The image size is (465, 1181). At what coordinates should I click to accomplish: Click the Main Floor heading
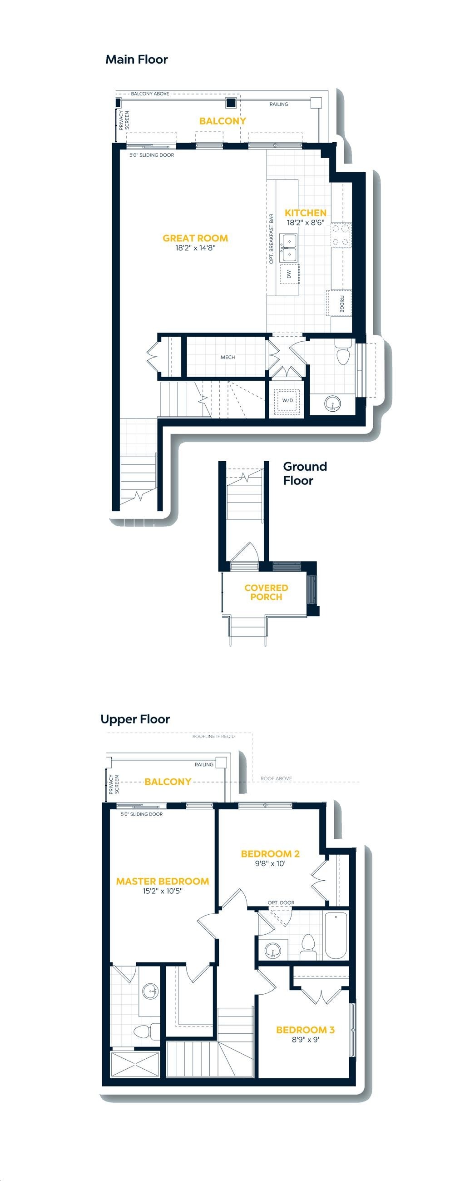coord(137,60)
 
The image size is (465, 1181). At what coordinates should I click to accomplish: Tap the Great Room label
coord(196,238)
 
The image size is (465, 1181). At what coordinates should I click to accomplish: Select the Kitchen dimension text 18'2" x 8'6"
coord(306,223)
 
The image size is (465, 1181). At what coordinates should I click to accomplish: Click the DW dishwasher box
coord(289,274)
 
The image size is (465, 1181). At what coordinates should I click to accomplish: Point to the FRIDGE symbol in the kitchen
coord(339,303)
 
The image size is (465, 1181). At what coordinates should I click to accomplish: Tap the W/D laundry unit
coord(287,400)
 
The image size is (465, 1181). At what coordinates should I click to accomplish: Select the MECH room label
coord(228,357)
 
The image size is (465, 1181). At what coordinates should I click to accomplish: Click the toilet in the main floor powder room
coord(343,352)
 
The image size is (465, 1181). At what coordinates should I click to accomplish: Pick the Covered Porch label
coord(266,593)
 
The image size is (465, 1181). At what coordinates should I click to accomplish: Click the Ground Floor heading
coord(305,473)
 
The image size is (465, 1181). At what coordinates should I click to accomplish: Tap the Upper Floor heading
coord(135,719)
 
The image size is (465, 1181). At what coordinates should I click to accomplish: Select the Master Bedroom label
coord(163,881)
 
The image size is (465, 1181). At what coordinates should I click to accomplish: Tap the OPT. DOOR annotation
coord(281,903)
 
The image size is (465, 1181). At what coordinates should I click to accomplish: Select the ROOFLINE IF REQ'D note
coord(213,737)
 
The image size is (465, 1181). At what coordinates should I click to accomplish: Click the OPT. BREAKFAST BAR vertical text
coord(271,239)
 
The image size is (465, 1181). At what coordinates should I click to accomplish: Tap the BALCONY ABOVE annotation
coord(150,94)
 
